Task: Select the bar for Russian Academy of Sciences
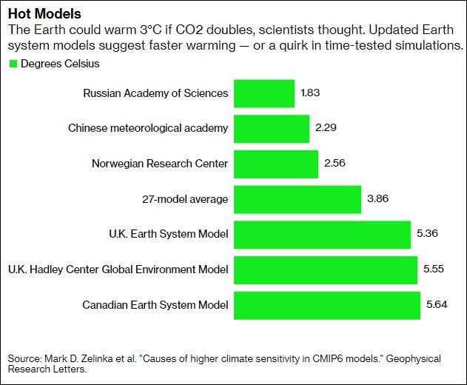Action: pyautogui.click(x=264, y=94)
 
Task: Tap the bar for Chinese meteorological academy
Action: pyautogui.click(x=272, y=129)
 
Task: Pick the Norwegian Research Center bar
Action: pyautogui.click(x=276, y=164)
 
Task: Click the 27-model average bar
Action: pyautogui.click(x=298, y=199)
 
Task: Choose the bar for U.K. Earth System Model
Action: pyautogui.click(x=322, y=234)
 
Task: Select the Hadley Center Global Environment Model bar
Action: pyautogui.click(x=326, y=269)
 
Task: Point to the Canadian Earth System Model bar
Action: pyautogui.click(x=327, y=304)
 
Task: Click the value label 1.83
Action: pyautogui.click(x=311, y=94)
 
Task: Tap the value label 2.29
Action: pyautogui.click(x=326, y=129)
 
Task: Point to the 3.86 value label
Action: pyautogui.click(x=377, y=199)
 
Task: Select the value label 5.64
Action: pyautogui.click(x=437, y=304)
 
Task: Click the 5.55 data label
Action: pyautogui.click(x=434, y=269)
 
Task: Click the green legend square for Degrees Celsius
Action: pyautogui.click(x=13, y=64)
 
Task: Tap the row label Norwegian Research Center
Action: pyautogui.click(x=160, y=164)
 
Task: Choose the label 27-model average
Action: pyautogui.click(x=185, y=199)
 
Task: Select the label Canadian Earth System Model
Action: pyautogui.click(x=155, y=304)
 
